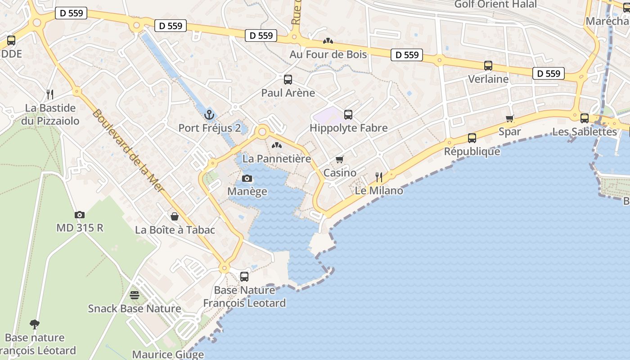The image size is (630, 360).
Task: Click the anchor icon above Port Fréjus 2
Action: pos(208,114)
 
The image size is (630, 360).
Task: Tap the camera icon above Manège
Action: pos(247,179)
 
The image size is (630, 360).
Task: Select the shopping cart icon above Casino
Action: pos(340,160)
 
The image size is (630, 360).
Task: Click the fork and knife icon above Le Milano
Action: pos(379,177)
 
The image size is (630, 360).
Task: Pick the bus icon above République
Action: pos(472,138)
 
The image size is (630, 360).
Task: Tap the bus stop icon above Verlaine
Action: pos(488,66)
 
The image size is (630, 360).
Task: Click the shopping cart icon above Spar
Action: pos(509,119)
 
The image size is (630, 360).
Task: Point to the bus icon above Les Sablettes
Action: pos(584,118)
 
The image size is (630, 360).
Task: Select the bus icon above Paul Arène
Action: pos(288,80)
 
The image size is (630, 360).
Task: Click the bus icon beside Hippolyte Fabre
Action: pos(348,115)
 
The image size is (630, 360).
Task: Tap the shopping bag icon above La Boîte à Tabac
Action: pos(175,216)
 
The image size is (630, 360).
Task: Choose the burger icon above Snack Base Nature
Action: pos(135,295)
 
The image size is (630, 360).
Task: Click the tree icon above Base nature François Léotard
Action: pos(34,324)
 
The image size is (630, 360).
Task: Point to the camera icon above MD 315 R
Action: pos(80,215)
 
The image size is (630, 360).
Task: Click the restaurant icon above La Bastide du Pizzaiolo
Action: pos(50,94)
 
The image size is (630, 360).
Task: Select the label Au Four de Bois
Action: pos(328,54)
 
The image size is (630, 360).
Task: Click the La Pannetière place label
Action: pos(277,159)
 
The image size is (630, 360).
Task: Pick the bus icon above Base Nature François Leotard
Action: pos(244,277)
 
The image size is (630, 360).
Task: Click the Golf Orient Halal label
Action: pos(495,4)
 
